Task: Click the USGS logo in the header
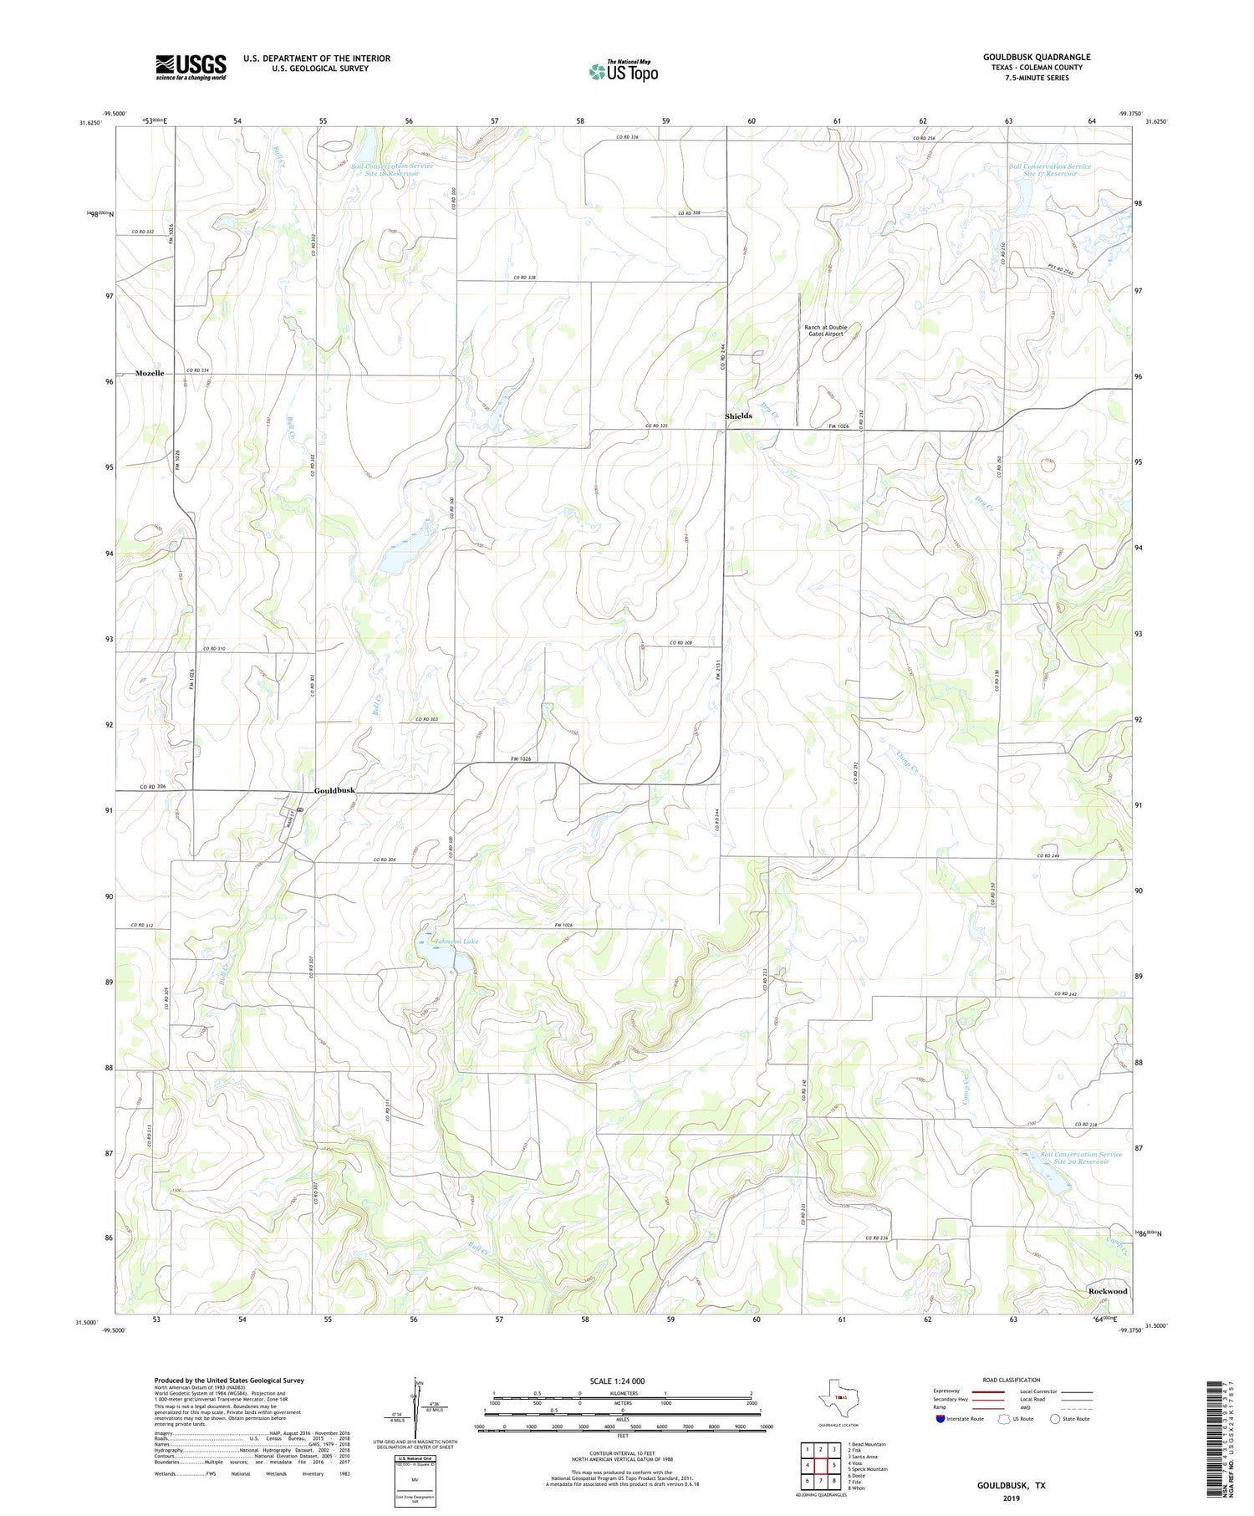click(190, 67)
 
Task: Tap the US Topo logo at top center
click(623, 71)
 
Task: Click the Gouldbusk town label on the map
click(334, 790)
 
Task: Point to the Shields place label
click(738, 416)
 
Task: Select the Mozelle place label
click(150, 373)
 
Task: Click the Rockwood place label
click(1107, 1291)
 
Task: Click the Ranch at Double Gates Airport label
click(825, 330)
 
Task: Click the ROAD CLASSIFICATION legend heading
click(1011, 1380)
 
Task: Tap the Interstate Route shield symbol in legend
click(940, 1419)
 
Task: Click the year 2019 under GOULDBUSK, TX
click(1011, 1498)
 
